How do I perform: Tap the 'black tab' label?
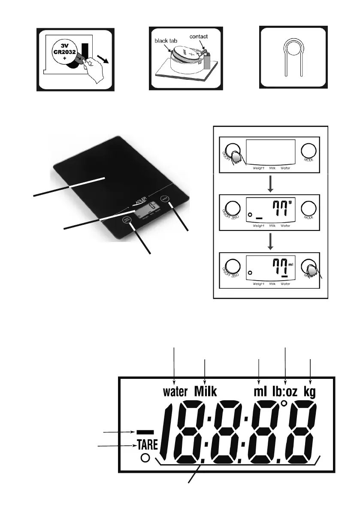point(165,42)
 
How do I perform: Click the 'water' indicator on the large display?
point(175,392)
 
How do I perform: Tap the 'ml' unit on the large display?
point(260,392)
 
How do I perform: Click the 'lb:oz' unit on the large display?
point(286,392)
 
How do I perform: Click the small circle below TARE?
point(145,458)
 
